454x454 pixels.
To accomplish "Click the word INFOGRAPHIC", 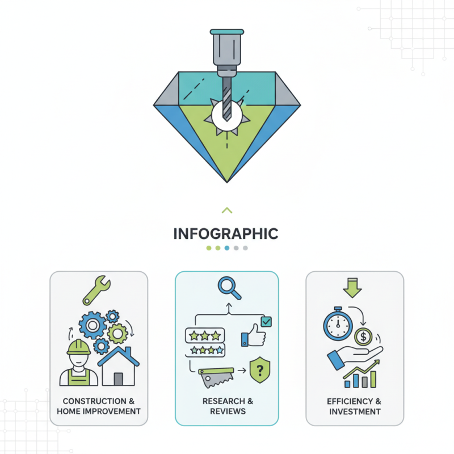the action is [x=226, y=234].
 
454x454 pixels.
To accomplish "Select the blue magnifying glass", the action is [x=229, y=288].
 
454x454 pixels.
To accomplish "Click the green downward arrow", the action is [x=352, y=288].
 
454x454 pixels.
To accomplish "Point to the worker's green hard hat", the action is [x=79, y=347].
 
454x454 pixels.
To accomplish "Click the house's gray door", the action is [x=118, y=379].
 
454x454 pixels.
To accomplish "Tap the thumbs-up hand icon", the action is [x=253, y=335].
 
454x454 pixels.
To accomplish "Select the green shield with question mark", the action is [x=260, y=370].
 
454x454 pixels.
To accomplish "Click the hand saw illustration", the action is [x=216, y=377].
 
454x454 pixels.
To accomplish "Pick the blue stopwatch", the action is [x=338, y=324].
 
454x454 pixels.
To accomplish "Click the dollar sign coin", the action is [x=363, y=337].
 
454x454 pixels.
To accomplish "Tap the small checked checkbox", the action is [x=266, y=322].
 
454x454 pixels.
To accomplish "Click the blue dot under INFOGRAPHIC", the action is [x=227, y=248].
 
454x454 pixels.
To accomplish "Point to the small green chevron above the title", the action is [x=227, y=210].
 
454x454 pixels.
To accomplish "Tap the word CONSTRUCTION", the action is [x=94, y=401].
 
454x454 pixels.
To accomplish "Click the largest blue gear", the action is [x=93, y=325].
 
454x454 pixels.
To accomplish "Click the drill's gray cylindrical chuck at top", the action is [x=227, y=47].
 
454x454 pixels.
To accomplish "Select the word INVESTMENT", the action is [x=355, y=411].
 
